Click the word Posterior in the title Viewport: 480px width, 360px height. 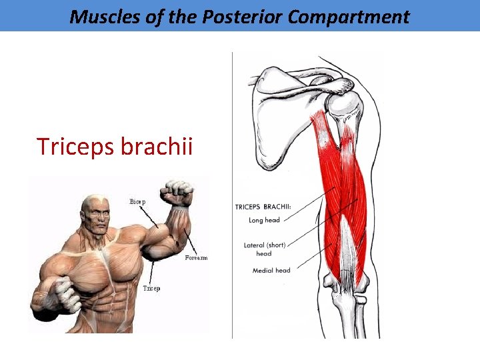click(245, 17)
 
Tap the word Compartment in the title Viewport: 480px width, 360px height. click(349, 17)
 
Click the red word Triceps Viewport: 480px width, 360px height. click(75, 146)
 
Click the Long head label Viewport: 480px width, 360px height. click(264, 220)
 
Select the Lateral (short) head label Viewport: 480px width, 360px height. click(264, 249)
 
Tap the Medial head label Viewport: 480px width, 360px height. click(271, 271)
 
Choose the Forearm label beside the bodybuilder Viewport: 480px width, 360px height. click(196, 257)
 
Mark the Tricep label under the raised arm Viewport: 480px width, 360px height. click(151, 288)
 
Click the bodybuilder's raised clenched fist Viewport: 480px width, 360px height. click(180, 193)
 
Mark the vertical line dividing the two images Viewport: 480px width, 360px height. click(232, 200)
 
